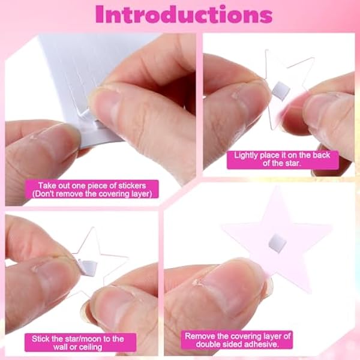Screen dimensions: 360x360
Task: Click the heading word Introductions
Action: coord(184,14)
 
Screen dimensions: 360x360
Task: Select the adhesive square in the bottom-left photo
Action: coord(88,268)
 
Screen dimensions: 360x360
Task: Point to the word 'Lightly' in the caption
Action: coord(246,155)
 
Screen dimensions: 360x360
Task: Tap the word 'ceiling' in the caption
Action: coord(89,347)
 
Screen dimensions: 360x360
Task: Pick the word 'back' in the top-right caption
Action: coord(322,155)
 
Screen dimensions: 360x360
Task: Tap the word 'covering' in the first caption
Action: coord(115,194)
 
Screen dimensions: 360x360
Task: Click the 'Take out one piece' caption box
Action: coord(92,190)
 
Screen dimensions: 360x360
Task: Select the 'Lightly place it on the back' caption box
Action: coord(283,160)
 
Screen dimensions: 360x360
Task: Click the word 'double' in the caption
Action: coord(208,344)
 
